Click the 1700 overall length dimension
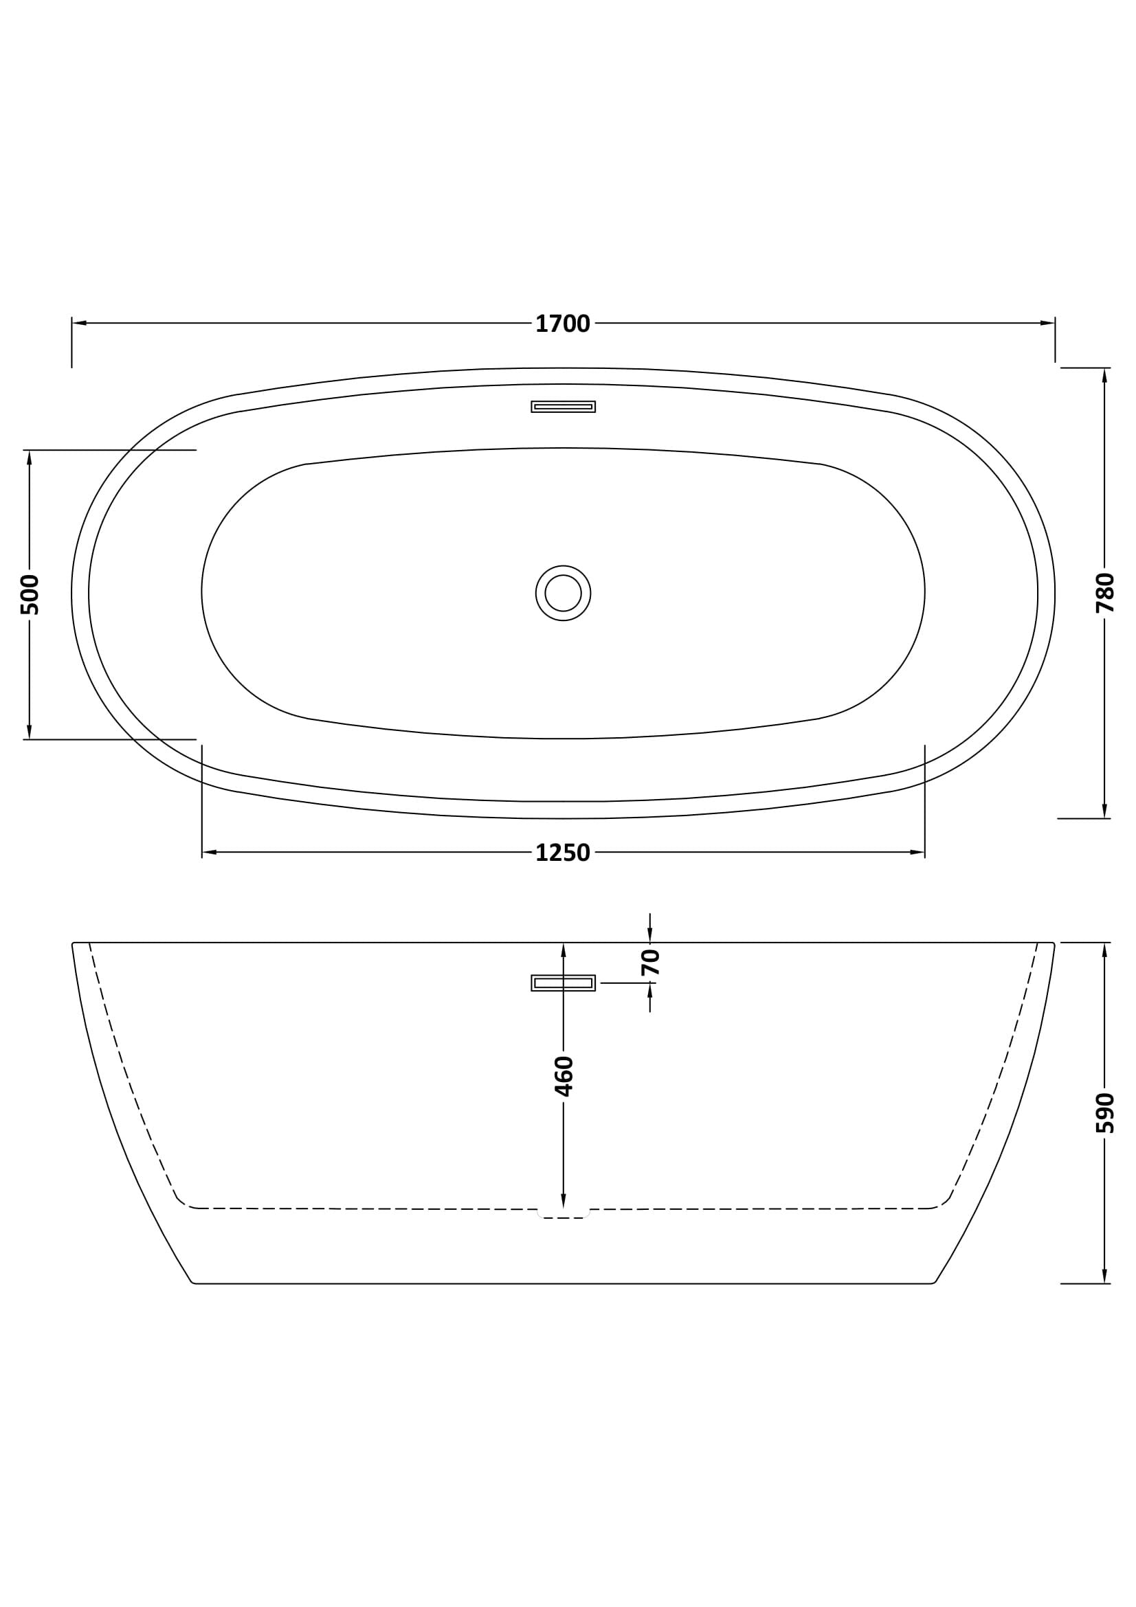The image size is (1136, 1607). pyautogui.click(x=563, y=324)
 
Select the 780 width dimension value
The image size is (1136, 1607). pyautogui.click(x=1104, y=593)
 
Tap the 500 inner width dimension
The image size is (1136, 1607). pyautogui.click(x=30, y=594)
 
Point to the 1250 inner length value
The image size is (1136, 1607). pyautogui.click(x=563, y=853)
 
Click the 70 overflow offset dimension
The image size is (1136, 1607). pyautogui.click(x=650, y=963)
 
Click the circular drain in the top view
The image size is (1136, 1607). pyautogui.click(x=563, y=593)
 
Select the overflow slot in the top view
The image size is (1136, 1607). pyautogui.click(x=563, y=407)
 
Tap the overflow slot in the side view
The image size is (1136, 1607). pyautogui.click(x=563, y=982)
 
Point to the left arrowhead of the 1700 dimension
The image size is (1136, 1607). pyautogui.click(x=79, y=324)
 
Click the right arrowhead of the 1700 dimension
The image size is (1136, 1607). pyautogui.click(x=1047, y=324)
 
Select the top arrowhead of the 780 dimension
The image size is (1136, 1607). pyautogui.click(x=1104, y=376)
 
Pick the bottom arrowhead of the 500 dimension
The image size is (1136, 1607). pyautogui.click(x=30, y=732)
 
